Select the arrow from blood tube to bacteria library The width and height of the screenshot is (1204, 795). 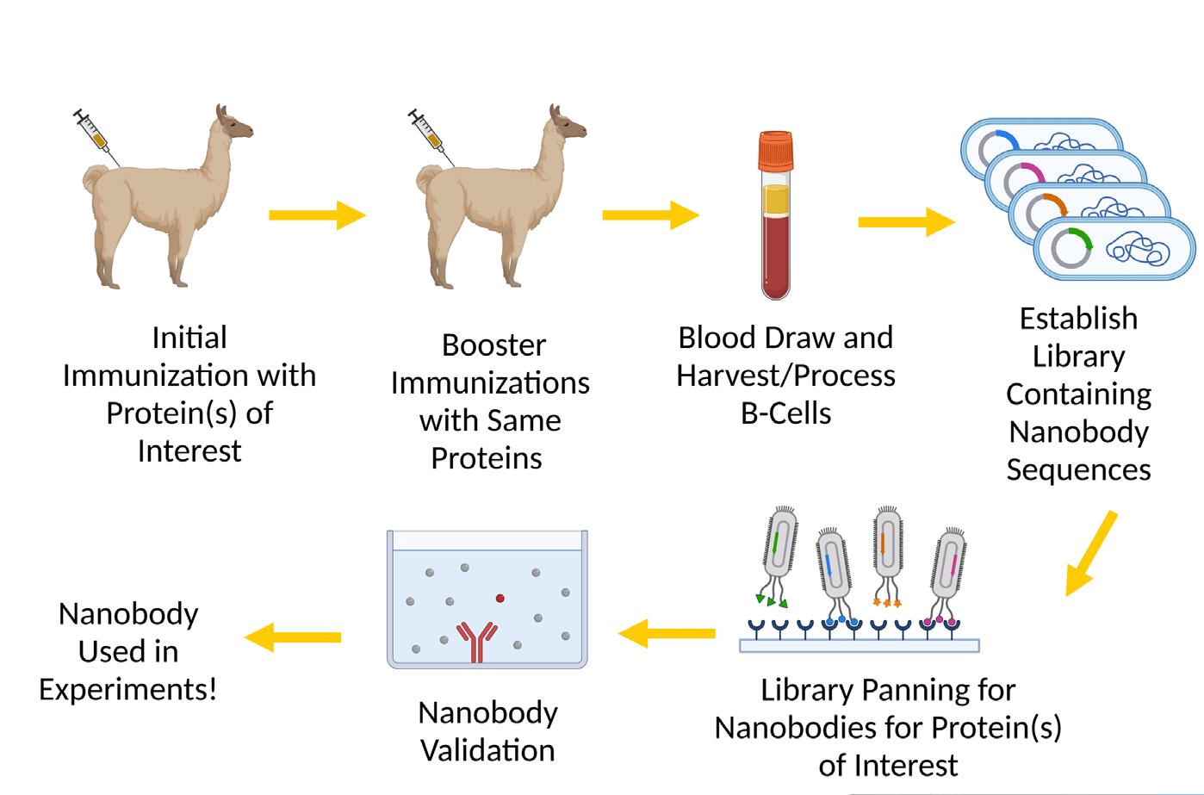[905, 222]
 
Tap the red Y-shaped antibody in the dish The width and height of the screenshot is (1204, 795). [476, 641]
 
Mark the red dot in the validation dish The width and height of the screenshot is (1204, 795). [500, 596]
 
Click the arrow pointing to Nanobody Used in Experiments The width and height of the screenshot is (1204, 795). [293, 637]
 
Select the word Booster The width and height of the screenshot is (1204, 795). [493, 345]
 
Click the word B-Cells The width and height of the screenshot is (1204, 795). [785, 413]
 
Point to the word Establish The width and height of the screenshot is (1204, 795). [1078, 318]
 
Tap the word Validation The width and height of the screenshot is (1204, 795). [487, 749]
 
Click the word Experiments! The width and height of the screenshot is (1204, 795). [128, 689]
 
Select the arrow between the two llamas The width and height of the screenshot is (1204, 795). [317, 215]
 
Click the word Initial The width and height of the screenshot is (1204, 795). [189, 337]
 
